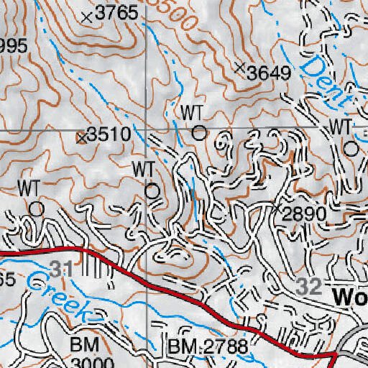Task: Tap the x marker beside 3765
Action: [x=88, y=16]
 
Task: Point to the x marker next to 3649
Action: [x=240, y=68]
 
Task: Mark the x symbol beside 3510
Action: [x=81, y=136]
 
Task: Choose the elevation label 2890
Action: [x=304, y=213]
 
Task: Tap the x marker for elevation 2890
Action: [x=278, y=208]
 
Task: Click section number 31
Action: [x=63, y=270]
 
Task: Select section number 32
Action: [x=310, y=286]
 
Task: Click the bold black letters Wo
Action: [x=350, y=297]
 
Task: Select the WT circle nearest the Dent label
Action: [x=351, y=149]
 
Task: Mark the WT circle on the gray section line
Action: [x=199, y=132]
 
